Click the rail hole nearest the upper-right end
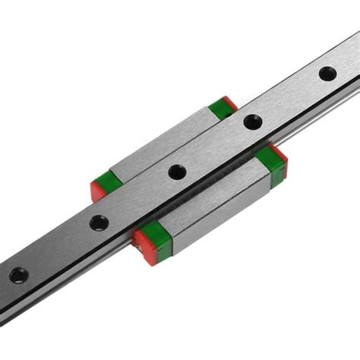click(327, 74)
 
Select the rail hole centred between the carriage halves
click(177, 172)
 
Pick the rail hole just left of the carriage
click(99, 223)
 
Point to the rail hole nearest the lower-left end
click(18, 275)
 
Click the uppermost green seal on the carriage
click(221, 107)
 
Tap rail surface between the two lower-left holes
click(58, 248)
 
